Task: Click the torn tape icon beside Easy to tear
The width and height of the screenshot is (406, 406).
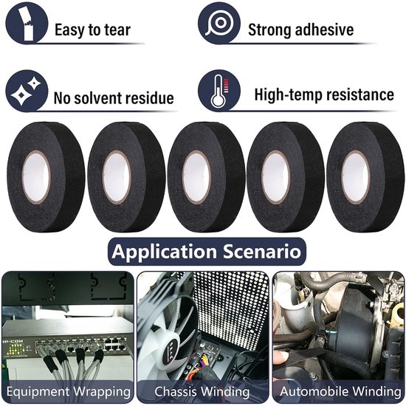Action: point(27,24)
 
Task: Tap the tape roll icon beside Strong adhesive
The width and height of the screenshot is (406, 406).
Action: point(219,24)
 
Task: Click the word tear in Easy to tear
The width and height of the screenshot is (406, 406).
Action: point(117,30)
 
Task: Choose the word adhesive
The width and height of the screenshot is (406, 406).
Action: point(324,30)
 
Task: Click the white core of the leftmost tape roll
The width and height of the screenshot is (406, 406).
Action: point(36,177)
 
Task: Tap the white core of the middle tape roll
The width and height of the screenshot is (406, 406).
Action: point(196,177)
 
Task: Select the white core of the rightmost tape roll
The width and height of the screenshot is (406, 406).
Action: point(356,177)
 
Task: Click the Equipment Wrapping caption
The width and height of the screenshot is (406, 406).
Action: point(69,391)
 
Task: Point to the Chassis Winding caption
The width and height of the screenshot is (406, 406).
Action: point(202,391)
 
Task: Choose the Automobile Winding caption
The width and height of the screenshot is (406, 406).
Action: point(340,391)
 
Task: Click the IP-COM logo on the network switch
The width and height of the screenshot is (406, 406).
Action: point(13,342)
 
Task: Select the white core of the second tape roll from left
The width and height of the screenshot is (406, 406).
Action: point(117,177)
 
